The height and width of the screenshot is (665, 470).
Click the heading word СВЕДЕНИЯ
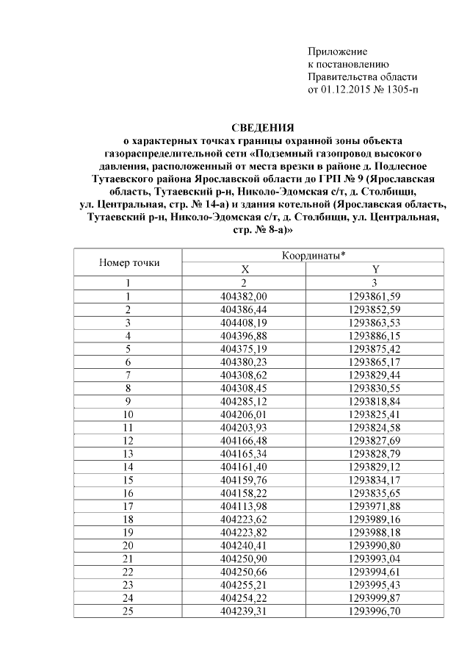pos(263,127)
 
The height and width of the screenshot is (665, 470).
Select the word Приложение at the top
pos(336,52)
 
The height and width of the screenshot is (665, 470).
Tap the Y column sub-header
pos(375,269)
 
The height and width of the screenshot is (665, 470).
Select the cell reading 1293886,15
pos(375,335)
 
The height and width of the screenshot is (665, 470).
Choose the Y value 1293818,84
pos(375,400)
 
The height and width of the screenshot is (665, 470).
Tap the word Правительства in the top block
pos(342,77)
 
